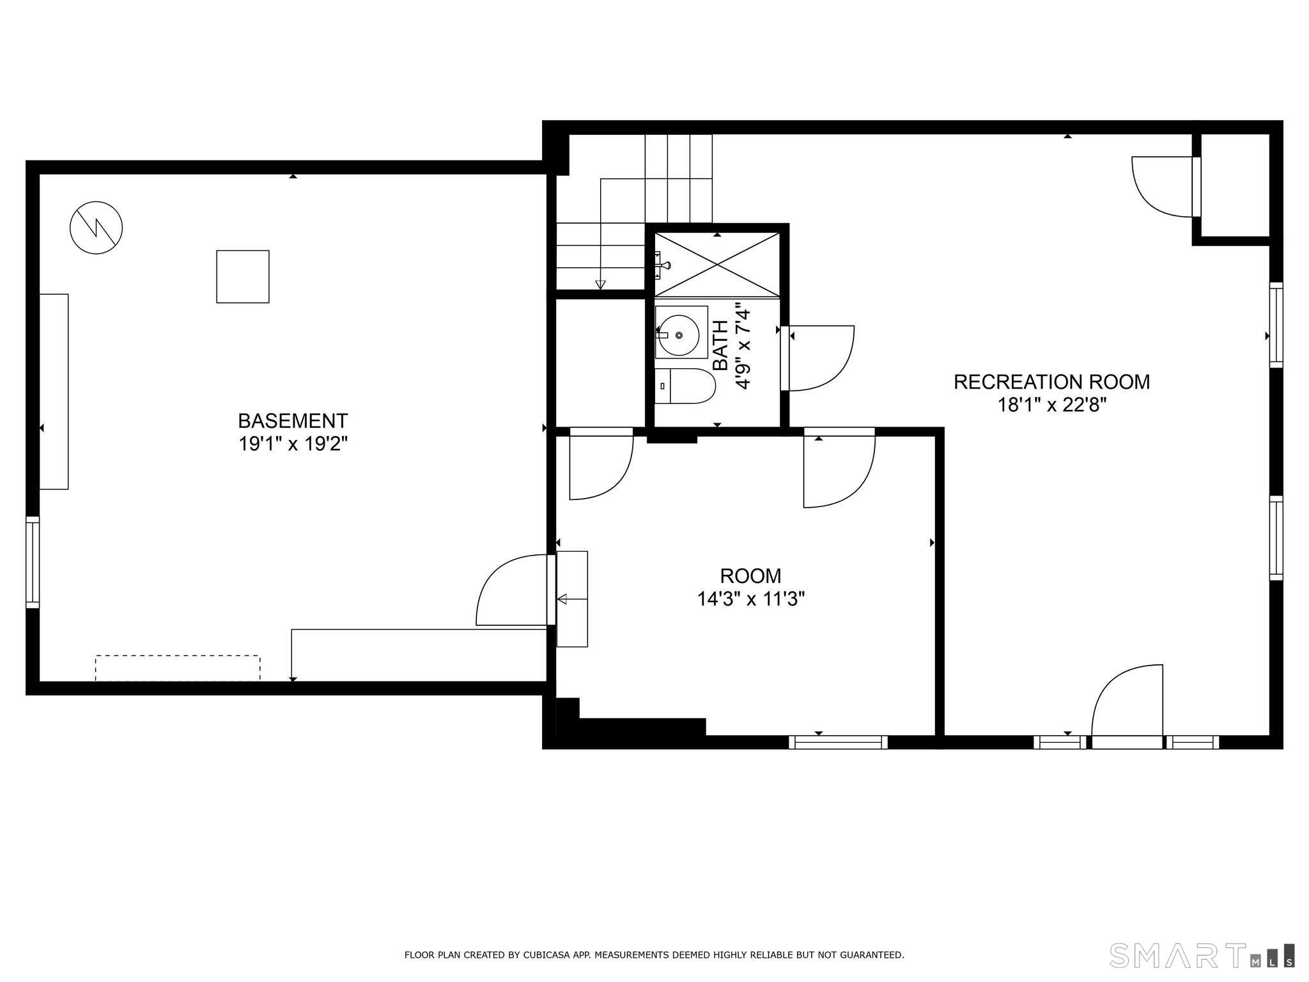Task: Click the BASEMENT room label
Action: point(293,421)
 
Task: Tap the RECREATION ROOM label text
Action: point(1051,382)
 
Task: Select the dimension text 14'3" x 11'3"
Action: point(750,599)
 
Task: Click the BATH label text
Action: point(720,345)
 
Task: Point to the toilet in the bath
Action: point(684,386)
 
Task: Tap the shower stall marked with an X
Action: point(717,265)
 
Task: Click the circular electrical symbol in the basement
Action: point(97,228)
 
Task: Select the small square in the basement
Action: point(243,276)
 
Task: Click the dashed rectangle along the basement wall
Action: point(178,667)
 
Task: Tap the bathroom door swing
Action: point(821,358)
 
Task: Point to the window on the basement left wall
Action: point(33,562)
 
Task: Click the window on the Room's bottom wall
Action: point(838,742)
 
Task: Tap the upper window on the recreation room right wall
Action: point(1276,325)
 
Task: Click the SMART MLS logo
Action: point(1202,956)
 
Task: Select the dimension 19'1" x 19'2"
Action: point(293,444)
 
